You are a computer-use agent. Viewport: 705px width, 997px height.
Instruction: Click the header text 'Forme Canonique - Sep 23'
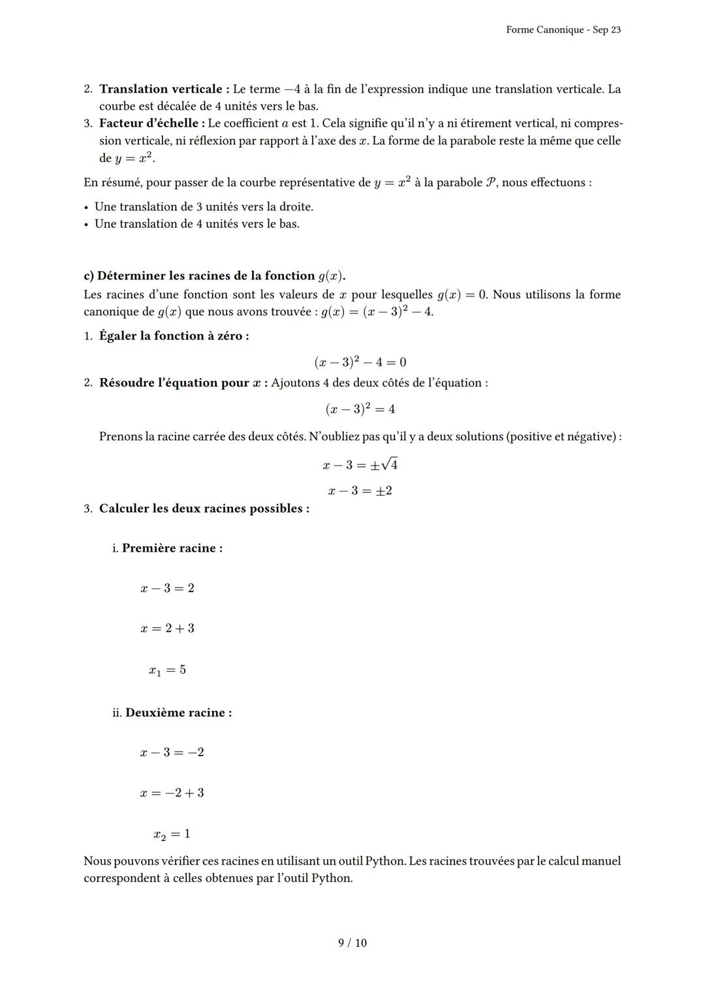pyautogui.click(x=563, y=30)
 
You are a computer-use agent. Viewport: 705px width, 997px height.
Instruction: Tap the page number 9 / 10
pyautogui.click(x=352, y=943)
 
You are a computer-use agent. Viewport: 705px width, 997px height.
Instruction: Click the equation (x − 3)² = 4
pyautogui.click(x=360, y=409)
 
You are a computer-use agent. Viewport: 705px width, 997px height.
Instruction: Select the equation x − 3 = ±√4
pyautogui.click(x=360, y=465)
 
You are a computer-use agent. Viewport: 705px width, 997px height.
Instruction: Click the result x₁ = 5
pyautogui.click(x=167, y=670)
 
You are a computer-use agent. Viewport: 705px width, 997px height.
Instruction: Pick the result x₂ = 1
pyautogui.click(x=172, y=834)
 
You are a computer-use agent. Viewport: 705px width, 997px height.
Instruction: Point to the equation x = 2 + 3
pyautogui.click(x=167, y=628)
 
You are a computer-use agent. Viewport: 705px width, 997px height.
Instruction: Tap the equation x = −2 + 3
pyautogui.click(x=172, y=793)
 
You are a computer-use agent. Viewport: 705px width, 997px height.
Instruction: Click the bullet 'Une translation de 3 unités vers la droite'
pyautogui.click(x=204, y=207)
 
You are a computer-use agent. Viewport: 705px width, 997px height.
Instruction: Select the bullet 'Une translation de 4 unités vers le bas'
pyautogui.click(x=197, y=224)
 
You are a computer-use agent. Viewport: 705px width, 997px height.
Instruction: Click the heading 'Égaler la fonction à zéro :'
pyautogui.click(x=174, y=336)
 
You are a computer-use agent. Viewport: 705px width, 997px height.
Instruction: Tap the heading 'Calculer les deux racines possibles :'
pyautogui.click(x=204, y=509)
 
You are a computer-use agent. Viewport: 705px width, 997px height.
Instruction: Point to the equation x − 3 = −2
pyautogui.click(x=172, y=752)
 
